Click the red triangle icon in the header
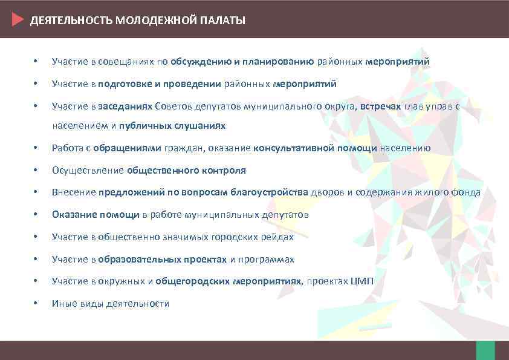tap(18, 20)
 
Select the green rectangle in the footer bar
tap(485, 350)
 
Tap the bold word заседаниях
tap(125, 106)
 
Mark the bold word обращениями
tap(131, 148)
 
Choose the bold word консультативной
tap(290, 148)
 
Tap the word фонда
tap(467, 192)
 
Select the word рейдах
tap(279, 237)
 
